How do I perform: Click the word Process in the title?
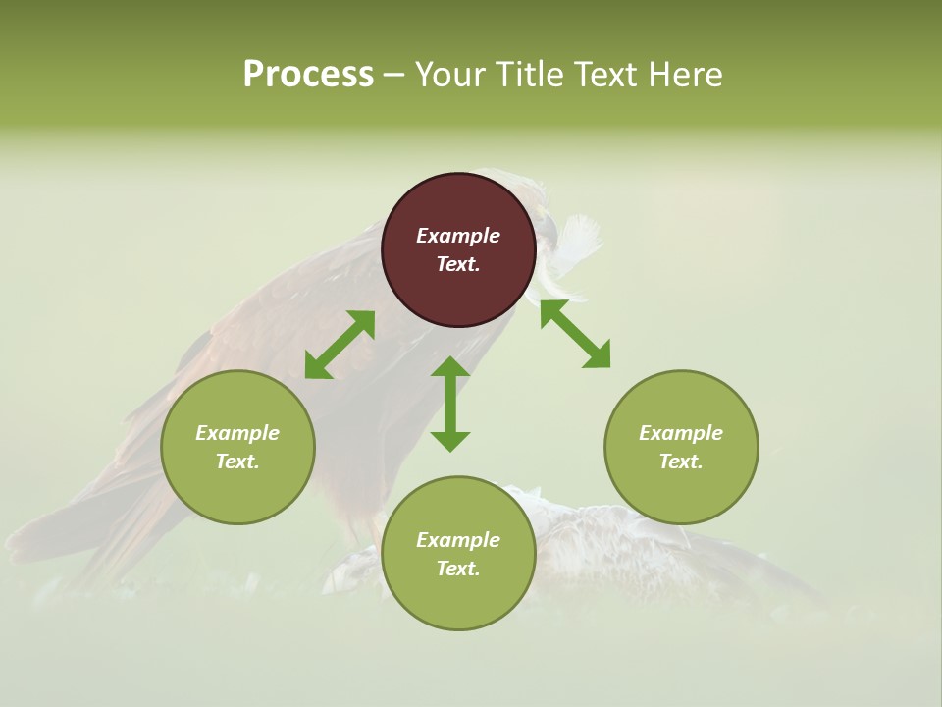click(x=308, y=75)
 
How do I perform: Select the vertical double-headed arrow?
click(x=450, y=404)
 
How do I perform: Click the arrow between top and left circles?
click(x=340, y=345)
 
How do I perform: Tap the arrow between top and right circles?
click(x=575, y=335)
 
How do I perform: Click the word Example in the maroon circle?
click(x=458, y=236)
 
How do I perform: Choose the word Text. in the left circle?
click(x=237, y=462)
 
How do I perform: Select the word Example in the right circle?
click(x=681, y=433)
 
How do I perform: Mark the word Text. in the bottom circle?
click(x=458, y=569)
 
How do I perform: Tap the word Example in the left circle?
click(x=237, y=433)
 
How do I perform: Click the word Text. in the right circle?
click(x=681, y=462)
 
